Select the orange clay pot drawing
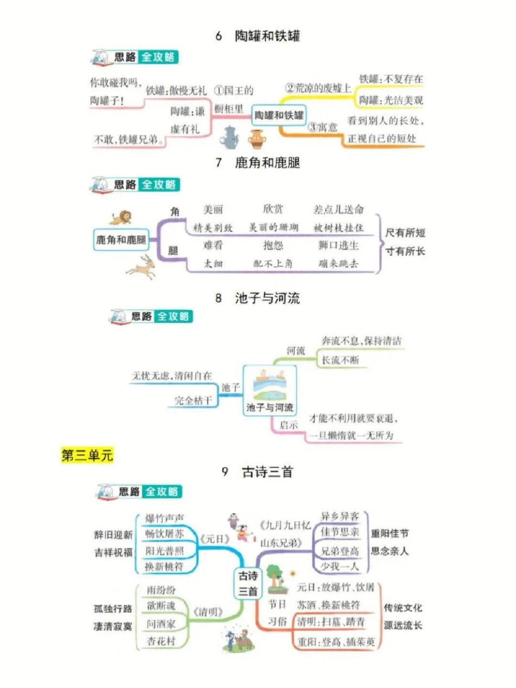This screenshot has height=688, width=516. click(x=257, y=139)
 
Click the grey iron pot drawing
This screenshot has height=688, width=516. click(x=229, y=138)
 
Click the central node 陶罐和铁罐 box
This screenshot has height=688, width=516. click(x=279, y=115)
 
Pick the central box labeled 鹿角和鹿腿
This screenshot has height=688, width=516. click(x=121, y=240)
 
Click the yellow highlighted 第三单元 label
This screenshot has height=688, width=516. click(x=87, y=455)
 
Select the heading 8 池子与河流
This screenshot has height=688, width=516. click(x=257, y=298)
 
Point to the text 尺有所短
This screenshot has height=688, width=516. click(x=405, y=233)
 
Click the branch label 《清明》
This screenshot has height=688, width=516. click(x=207, y=611)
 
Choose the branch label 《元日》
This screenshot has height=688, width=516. click(x=215, y=539)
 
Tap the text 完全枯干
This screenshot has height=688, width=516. click(x=193, y=400)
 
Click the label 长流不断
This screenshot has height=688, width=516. click(x=340, y=360)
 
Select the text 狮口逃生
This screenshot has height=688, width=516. click(x=338, y=245)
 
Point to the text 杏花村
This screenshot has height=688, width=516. click(x=161, y=640)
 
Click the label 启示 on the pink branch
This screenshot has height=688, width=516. click(x=289, y=425)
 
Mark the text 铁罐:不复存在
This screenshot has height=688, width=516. click(x=391, y=79)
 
